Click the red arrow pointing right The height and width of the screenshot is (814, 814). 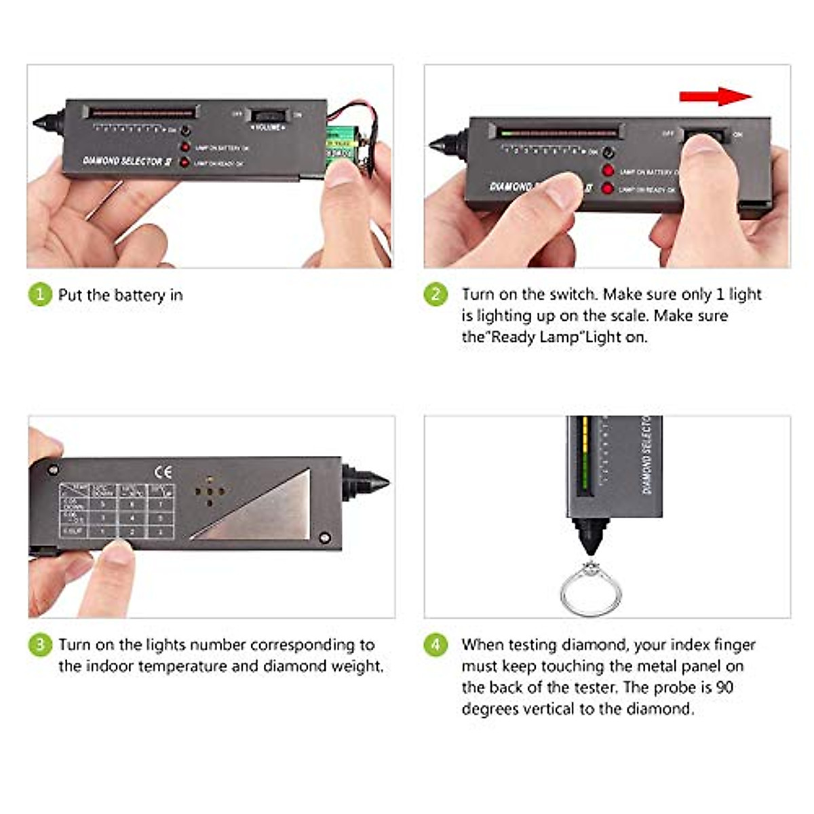[x=715, y=96]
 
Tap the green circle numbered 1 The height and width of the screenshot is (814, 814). [x=40, y=294]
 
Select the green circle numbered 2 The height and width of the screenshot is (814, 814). [x=435, y=294]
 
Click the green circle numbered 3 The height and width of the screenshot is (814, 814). [x=40, y=644]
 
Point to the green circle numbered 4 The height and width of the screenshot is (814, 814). [x=435, y=644]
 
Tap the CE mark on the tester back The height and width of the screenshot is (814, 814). [x=163, y=472]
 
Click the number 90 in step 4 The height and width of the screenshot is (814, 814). [x=724, y=687]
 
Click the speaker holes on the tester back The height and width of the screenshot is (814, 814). [x=210, y=492]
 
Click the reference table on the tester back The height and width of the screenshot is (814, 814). [x=117, y=511]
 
